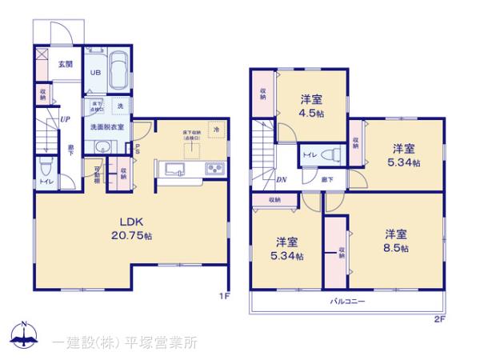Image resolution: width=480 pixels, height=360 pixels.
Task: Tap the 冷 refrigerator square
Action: pos(216,129)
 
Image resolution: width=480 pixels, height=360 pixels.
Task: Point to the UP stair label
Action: pos(63,120)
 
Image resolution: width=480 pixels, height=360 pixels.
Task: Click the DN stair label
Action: pos(282,181)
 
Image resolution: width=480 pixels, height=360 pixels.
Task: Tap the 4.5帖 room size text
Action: pos(312,114)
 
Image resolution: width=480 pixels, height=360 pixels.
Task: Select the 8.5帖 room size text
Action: pos(396,249)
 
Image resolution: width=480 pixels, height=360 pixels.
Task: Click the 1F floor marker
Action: pos(225,295)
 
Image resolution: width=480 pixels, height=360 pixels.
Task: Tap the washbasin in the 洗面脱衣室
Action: pos(102,146)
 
